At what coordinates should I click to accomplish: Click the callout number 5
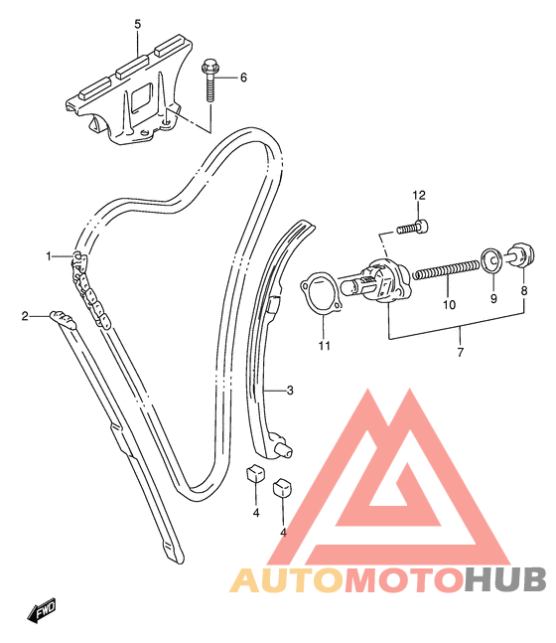(138, 24)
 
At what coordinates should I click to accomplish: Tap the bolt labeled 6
(208, 81)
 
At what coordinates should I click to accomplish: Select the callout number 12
(419, 195)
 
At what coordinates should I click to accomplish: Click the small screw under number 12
(413, 228)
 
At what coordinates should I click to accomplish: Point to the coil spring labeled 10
(446, 270)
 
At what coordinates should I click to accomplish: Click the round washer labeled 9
(492, 260)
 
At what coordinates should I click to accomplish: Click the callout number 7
(461, 352)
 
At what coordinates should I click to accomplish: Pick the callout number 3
(290, 390)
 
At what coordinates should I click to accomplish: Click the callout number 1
(49, 256)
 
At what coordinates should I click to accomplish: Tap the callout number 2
(26, 316)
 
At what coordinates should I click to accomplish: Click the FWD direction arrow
(42, 610)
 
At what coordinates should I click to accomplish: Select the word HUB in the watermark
(505, 579)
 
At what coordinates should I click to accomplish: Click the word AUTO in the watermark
(286, 579)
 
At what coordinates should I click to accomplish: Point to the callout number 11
(324, 346)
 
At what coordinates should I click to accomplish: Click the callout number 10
(449, 305)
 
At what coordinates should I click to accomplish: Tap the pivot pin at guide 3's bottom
(285, 450)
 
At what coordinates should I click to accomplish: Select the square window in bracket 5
(142, 96)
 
